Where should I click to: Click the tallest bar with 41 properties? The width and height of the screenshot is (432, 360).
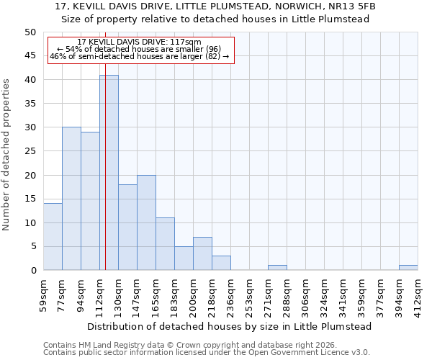tap(109, 173)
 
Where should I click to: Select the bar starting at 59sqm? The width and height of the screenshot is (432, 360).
tap(53, 237)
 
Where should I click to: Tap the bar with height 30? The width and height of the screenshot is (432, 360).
tap(71, 199)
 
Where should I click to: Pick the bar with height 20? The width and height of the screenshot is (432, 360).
tap(146, 222)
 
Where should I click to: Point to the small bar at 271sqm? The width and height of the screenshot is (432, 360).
tap(277, 268)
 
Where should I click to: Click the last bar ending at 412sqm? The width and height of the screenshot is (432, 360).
tap(408, 268)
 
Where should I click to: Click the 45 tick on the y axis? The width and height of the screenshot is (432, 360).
tap(30, 55)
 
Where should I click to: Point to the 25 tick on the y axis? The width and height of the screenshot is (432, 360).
tap(30, 151)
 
